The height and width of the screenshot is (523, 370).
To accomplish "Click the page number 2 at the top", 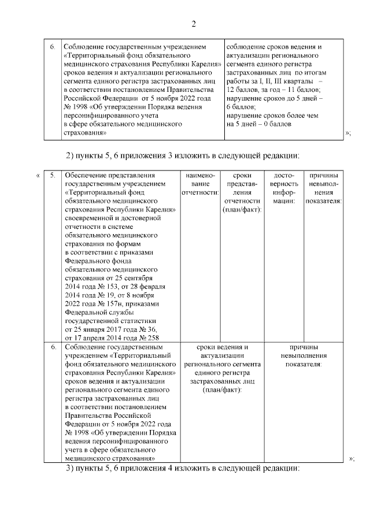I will pyautogui.click(x=194, y=24).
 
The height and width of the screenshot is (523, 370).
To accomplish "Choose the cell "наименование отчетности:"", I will pyautogui.click(x=200, y=184).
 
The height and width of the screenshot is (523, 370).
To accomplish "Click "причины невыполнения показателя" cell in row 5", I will pyautogui.click(x=324, y=188).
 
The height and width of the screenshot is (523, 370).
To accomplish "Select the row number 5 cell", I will pyautogui.click(x=52, y=176).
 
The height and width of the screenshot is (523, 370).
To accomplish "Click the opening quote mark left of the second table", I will pyautogui.click(x=38, y=176).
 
